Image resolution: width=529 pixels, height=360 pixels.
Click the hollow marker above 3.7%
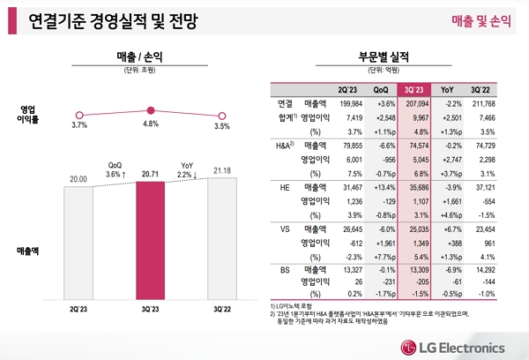79,115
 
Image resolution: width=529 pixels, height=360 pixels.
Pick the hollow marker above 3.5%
221,116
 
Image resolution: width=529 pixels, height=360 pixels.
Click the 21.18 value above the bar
221,169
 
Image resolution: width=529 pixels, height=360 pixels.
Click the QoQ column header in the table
382,88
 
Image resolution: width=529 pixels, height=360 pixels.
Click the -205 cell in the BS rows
417,281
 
